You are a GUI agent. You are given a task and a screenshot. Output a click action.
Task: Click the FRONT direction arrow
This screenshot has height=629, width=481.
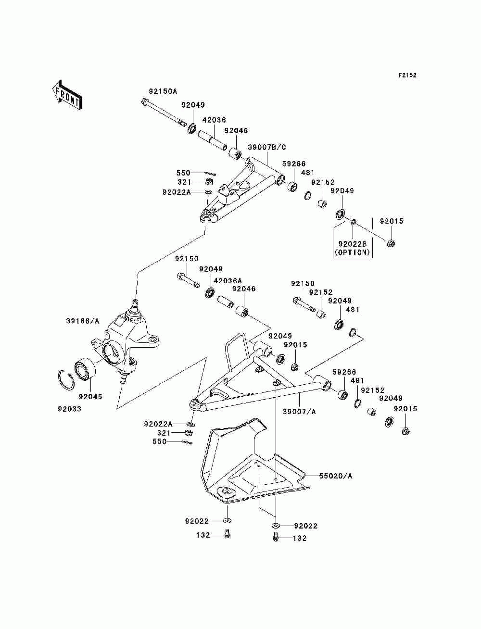pyautogui.click(x=67, y=95)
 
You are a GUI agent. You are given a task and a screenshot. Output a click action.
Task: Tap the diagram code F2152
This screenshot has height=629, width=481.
pyautogui.click(x=407, y=75)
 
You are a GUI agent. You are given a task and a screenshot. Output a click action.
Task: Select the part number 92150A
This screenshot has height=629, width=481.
pyautogui.click(x=163, y=91)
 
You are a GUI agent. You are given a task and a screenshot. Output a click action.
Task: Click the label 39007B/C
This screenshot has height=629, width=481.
pyautogui.click(x=267, y=147)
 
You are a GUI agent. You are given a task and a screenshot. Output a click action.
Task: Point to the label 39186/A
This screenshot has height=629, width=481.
pyautogui.click(x=83, y=321)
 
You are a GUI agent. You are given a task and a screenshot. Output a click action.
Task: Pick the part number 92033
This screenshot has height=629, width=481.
pyautogui.click(x=69, y=409)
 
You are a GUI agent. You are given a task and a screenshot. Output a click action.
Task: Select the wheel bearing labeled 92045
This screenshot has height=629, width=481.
pyautogui.click(x=85, y=370)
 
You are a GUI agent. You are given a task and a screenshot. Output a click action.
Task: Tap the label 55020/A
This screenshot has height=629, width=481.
pyautogui.click(x=336, y=476)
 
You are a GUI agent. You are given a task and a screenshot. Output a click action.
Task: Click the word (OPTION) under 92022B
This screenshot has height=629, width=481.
pyautogui.click(x=352, y=252)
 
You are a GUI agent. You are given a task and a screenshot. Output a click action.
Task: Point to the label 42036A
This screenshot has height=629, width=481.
pyautogui.click(x=228, y=280)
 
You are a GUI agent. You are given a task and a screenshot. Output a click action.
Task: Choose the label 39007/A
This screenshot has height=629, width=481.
pyautogui.click(x=299, y=412)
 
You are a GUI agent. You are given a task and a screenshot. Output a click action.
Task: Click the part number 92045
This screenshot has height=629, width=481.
pyautogui.click(x=90, y=397)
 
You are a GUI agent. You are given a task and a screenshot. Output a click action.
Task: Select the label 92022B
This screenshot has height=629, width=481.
pyautogui.click(x=353, y=244)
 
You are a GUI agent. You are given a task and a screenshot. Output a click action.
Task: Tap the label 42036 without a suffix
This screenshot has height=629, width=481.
pyautogui.click(x=214, y=120)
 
